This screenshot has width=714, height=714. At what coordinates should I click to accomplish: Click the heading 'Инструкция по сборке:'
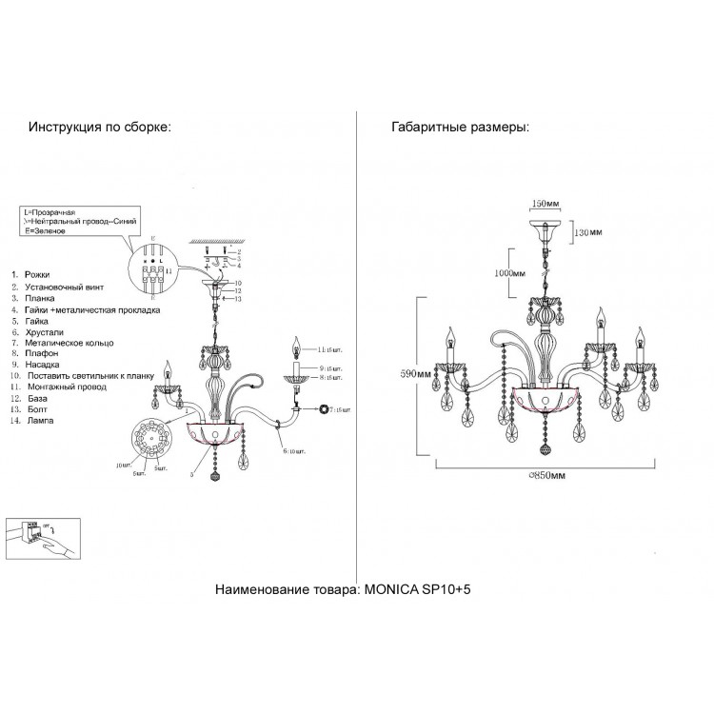point(100,127)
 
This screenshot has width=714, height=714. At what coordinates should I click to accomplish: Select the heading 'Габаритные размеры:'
point(461,127)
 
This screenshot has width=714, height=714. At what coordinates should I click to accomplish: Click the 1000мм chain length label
point(504,272)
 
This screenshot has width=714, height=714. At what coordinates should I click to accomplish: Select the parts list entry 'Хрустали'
point(48,331)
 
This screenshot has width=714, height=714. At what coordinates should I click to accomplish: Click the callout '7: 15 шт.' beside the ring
point(341,409)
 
